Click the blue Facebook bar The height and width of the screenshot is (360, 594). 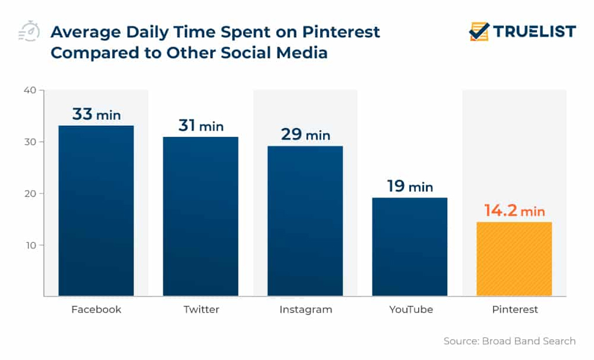(96, 211)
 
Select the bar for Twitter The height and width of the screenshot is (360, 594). (201, 217)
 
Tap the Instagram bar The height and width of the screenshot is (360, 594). (305, 221)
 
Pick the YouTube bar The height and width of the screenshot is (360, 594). (410, 247)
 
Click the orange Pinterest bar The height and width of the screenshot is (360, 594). (514, 259)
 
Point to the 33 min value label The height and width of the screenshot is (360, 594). (96, 114)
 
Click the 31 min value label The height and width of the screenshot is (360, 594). (201, 125)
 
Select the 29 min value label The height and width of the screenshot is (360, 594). (305, 135)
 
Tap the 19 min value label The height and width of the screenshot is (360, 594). (410, 186)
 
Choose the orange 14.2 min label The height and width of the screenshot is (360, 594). (515, 211)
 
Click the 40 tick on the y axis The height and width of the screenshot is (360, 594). (30, 90)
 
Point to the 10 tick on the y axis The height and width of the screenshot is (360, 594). (30, 245)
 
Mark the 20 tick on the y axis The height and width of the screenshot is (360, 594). (30, 193)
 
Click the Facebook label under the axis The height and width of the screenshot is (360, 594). (96, 309)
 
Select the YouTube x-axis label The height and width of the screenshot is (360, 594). (411, 309)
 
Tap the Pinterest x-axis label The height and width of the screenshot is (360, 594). (515, 309)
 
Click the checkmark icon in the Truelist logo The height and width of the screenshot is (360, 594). (479, 31)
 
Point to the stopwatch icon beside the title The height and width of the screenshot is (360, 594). (29, 32)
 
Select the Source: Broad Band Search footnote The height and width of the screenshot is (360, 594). (509, 341)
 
